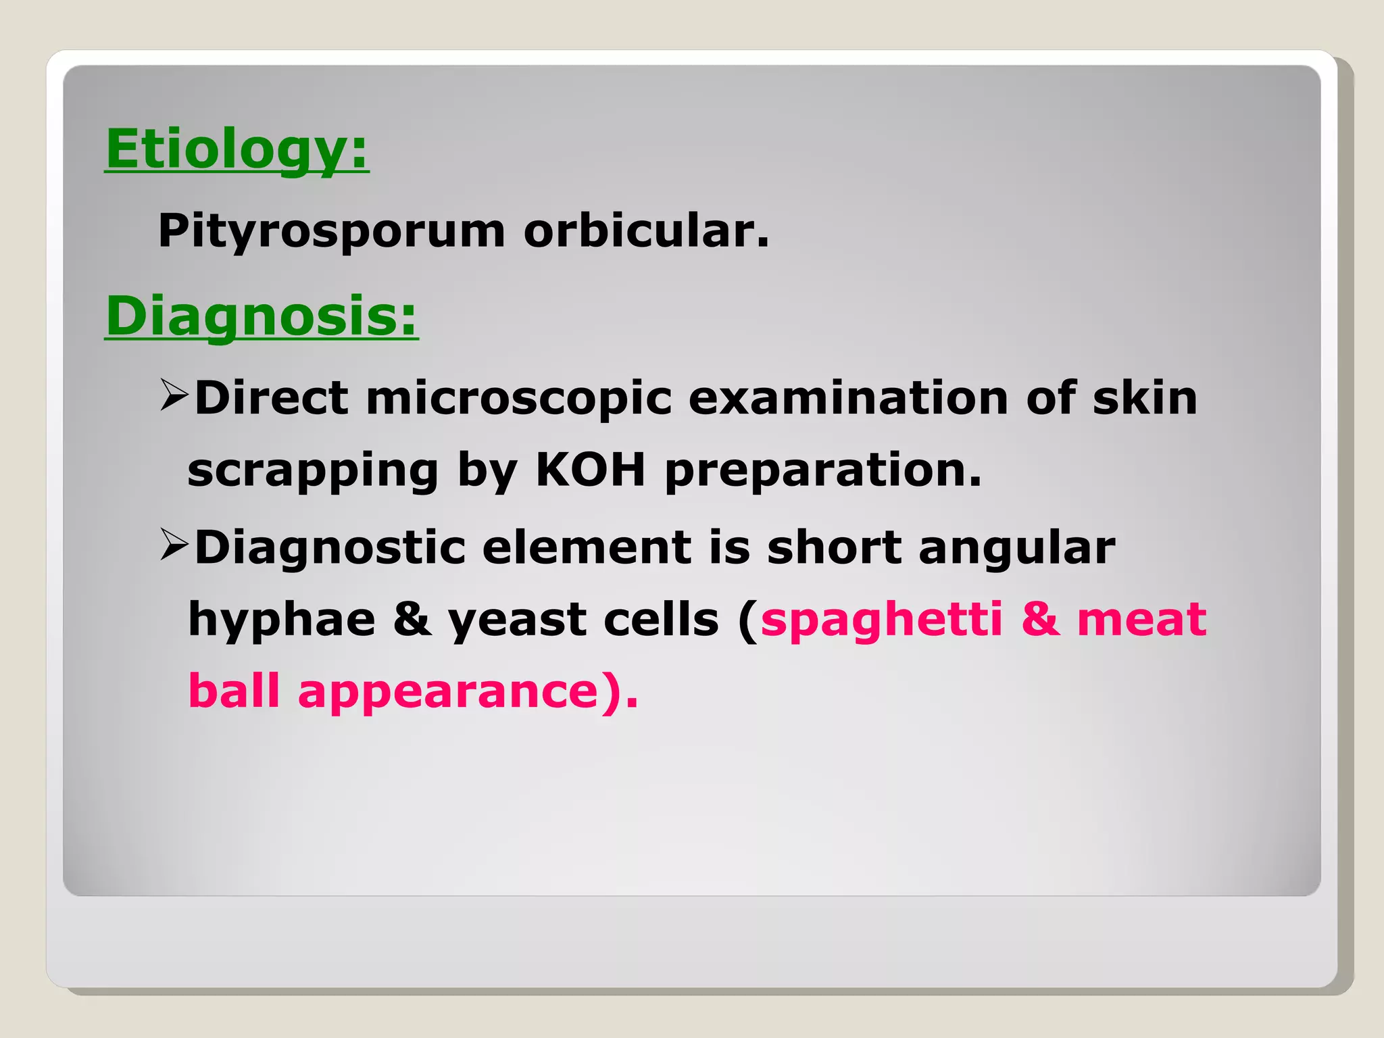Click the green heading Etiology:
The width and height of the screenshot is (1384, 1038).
237,149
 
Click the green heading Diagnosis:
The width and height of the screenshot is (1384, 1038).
262,316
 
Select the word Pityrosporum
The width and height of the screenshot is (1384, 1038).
331,231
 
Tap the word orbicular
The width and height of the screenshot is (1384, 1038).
645,231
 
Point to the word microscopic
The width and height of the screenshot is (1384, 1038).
518,399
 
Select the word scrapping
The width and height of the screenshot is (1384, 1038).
313,471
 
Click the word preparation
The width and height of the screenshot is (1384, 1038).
822,471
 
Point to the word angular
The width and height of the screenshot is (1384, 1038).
1016,549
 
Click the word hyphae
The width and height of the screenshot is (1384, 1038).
281,620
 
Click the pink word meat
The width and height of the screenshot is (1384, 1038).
1141,619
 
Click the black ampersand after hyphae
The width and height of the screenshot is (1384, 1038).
412,620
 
